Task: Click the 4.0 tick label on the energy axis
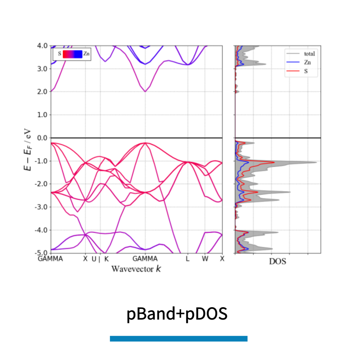[42, 46]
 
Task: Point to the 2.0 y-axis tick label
[42, 92]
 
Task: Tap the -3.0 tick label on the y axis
[42, 207]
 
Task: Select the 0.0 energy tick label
[42, 138]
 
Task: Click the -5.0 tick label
[42, 253]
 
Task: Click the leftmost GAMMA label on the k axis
[50, 259]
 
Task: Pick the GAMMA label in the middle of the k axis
[145, 259]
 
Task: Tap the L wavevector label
[187, 259]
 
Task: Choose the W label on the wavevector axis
[205, 259]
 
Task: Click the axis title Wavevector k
[136, 269]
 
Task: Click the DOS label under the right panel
[277, 262]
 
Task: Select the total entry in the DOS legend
[309, 54]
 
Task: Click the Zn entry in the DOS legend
[307, 62]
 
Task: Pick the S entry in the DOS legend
[306, 71]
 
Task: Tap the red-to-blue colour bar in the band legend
[72, 54]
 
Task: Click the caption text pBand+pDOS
[177, 314]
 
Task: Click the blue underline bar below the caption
[178, 338]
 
